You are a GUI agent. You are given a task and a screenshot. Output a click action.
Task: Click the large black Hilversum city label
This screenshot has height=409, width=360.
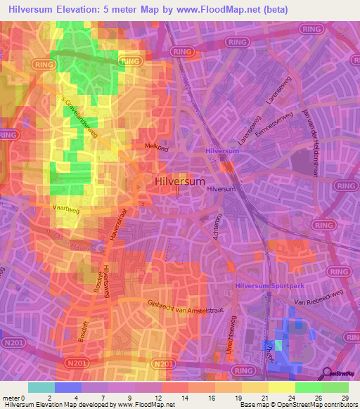[179, 181]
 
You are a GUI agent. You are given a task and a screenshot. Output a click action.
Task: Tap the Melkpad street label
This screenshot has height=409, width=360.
[155, 145]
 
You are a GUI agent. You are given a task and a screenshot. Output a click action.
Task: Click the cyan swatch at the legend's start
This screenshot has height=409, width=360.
[41, 387]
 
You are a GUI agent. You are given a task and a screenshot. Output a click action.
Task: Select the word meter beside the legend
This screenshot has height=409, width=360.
[10, 398]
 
